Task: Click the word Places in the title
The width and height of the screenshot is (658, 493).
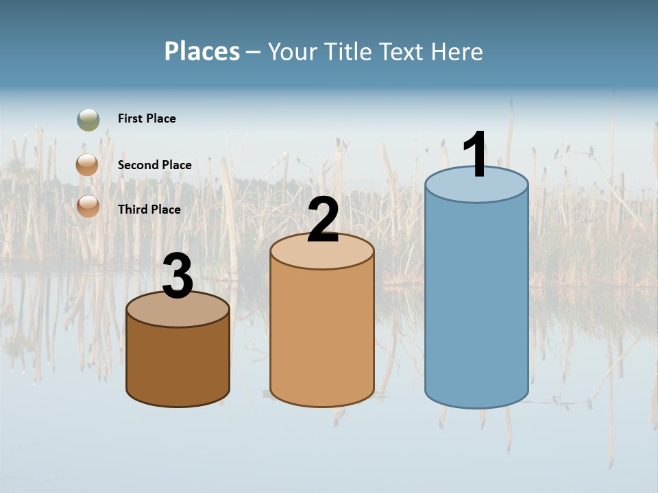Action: (x=202, y=51)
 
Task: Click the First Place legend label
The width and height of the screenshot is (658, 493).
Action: (x=147, y=118)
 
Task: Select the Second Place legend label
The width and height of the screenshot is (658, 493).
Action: (x=154, y=165)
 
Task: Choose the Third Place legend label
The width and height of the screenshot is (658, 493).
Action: (x=149, y=210)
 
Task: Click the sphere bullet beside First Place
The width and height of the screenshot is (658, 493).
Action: (x=88, y=120)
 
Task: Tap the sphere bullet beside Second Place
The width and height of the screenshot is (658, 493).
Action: (x=88, y=165)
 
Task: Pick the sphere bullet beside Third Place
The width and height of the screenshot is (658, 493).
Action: (x=88, y=206)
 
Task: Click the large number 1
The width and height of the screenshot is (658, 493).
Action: (x=476, y=155)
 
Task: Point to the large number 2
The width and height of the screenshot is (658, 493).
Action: (x=324, y=220)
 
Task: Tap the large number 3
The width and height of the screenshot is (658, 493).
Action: (x=178, y=277)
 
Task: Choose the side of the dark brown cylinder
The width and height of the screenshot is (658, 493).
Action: (x=178, y=363)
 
